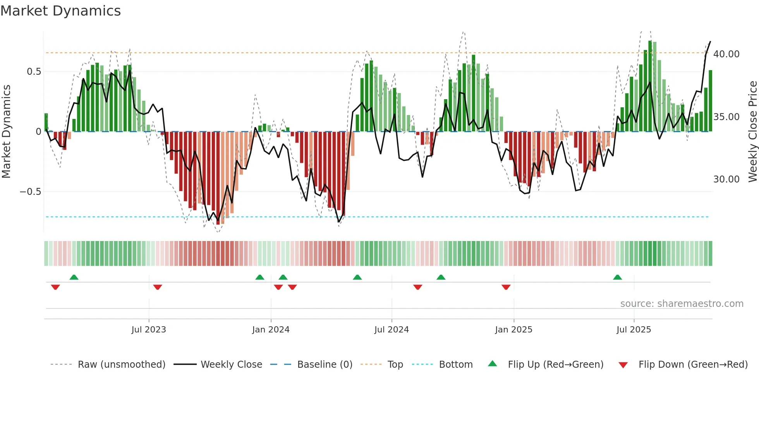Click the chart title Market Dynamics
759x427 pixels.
click(x=60, y=11)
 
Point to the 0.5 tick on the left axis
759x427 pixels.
click(x=34, y=72)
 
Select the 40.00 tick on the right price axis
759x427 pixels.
click(x=726, y=54)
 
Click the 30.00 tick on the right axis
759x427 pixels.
click(x=726, y=179)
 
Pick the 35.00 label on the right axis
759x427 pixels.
click(x=726, y=117)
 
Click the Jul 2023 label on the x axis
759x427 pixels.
click(x=149, y=330)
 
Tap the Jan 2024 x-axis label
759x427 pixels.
click(x=271, y=330)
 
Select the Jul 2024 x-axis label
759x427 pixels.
click(x=392, y=330)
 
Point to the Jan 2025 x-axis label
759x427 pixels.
click(x=513, y=330)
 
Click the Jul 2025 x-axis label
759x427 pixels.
click(x=634, y=330)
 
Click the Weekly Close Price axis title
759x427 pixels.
click(x=752, y=132)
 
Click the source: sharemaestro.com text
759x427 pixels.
click(x=682, y=304)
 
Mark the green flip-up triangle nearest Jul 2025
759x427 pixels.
click(x=617, y=277)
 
